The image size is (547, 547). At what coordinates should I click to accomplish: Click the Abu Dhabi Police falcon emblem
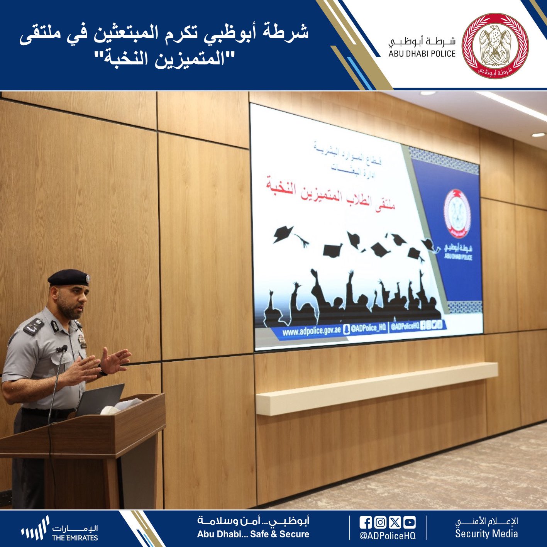point(495,46)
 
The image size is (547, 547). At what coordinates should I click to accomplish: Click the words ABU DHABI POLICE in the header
point(422,54)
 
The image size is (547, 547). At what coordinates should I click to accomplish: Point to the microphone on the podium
point(62,349)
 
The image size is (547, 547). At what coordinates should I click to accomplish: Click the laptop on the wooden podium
point(99,400)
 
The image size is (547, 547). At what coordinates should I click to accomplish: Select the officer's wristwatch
point(102,371)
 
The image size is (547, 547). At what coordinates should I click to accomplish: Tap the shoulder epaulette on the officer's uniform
point(34,327)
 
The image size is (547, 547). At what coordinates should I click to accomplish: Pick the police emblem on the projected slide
point(457,213)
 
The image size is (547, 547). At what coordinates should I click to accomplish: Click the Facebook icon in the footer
point(365,523)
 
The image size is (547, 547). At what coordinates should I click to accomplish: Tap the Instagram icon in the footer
point(380,523)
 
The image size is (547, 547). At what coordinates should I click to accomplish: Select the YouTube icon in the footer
point(409,523)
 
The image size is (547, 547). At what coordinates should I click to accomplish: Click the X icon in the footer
point(395,523)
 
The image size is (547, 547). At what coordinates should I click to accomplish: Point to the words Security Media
point(486,534)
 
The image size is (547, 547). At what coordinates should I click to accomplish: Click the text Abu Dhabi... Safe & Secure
point(253,534)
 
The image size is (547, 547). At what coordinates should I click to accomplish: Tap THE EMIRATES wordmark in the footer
point(75,538)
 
